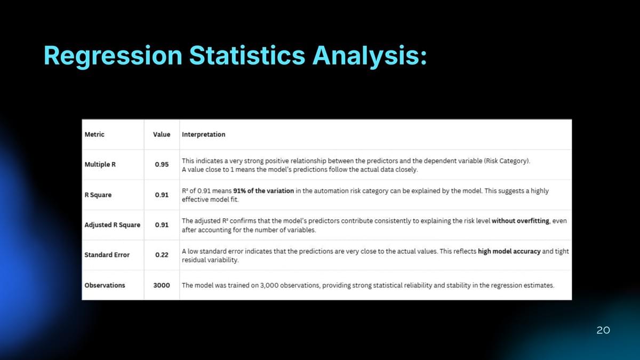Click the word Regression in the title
coord(113,57)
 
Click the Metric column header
coord(94,134)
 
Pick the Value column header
coord(162,134)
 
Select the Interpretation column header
coord(203,134)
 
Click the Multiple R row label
coord(100,165)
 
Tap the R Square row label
coord(98,195)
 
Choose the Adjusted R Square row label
coord(113,225)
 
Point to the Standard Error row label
coord(107,255)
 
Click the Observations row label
coord(105,285)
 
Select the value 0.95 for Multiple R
coord(162,165)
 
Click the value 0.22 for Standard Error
coord(162,255)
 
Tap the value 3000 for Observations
coord(162,285)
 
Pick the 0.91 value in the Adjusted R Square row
coord(162,225)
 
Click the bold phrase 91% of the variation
coord(263,191)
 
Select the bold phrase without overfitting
coord(521,221)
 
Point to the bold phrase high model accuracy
coord(509,251)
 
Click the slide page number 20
coord(603,330)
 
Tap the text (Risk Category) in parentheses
coord(507,161)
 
